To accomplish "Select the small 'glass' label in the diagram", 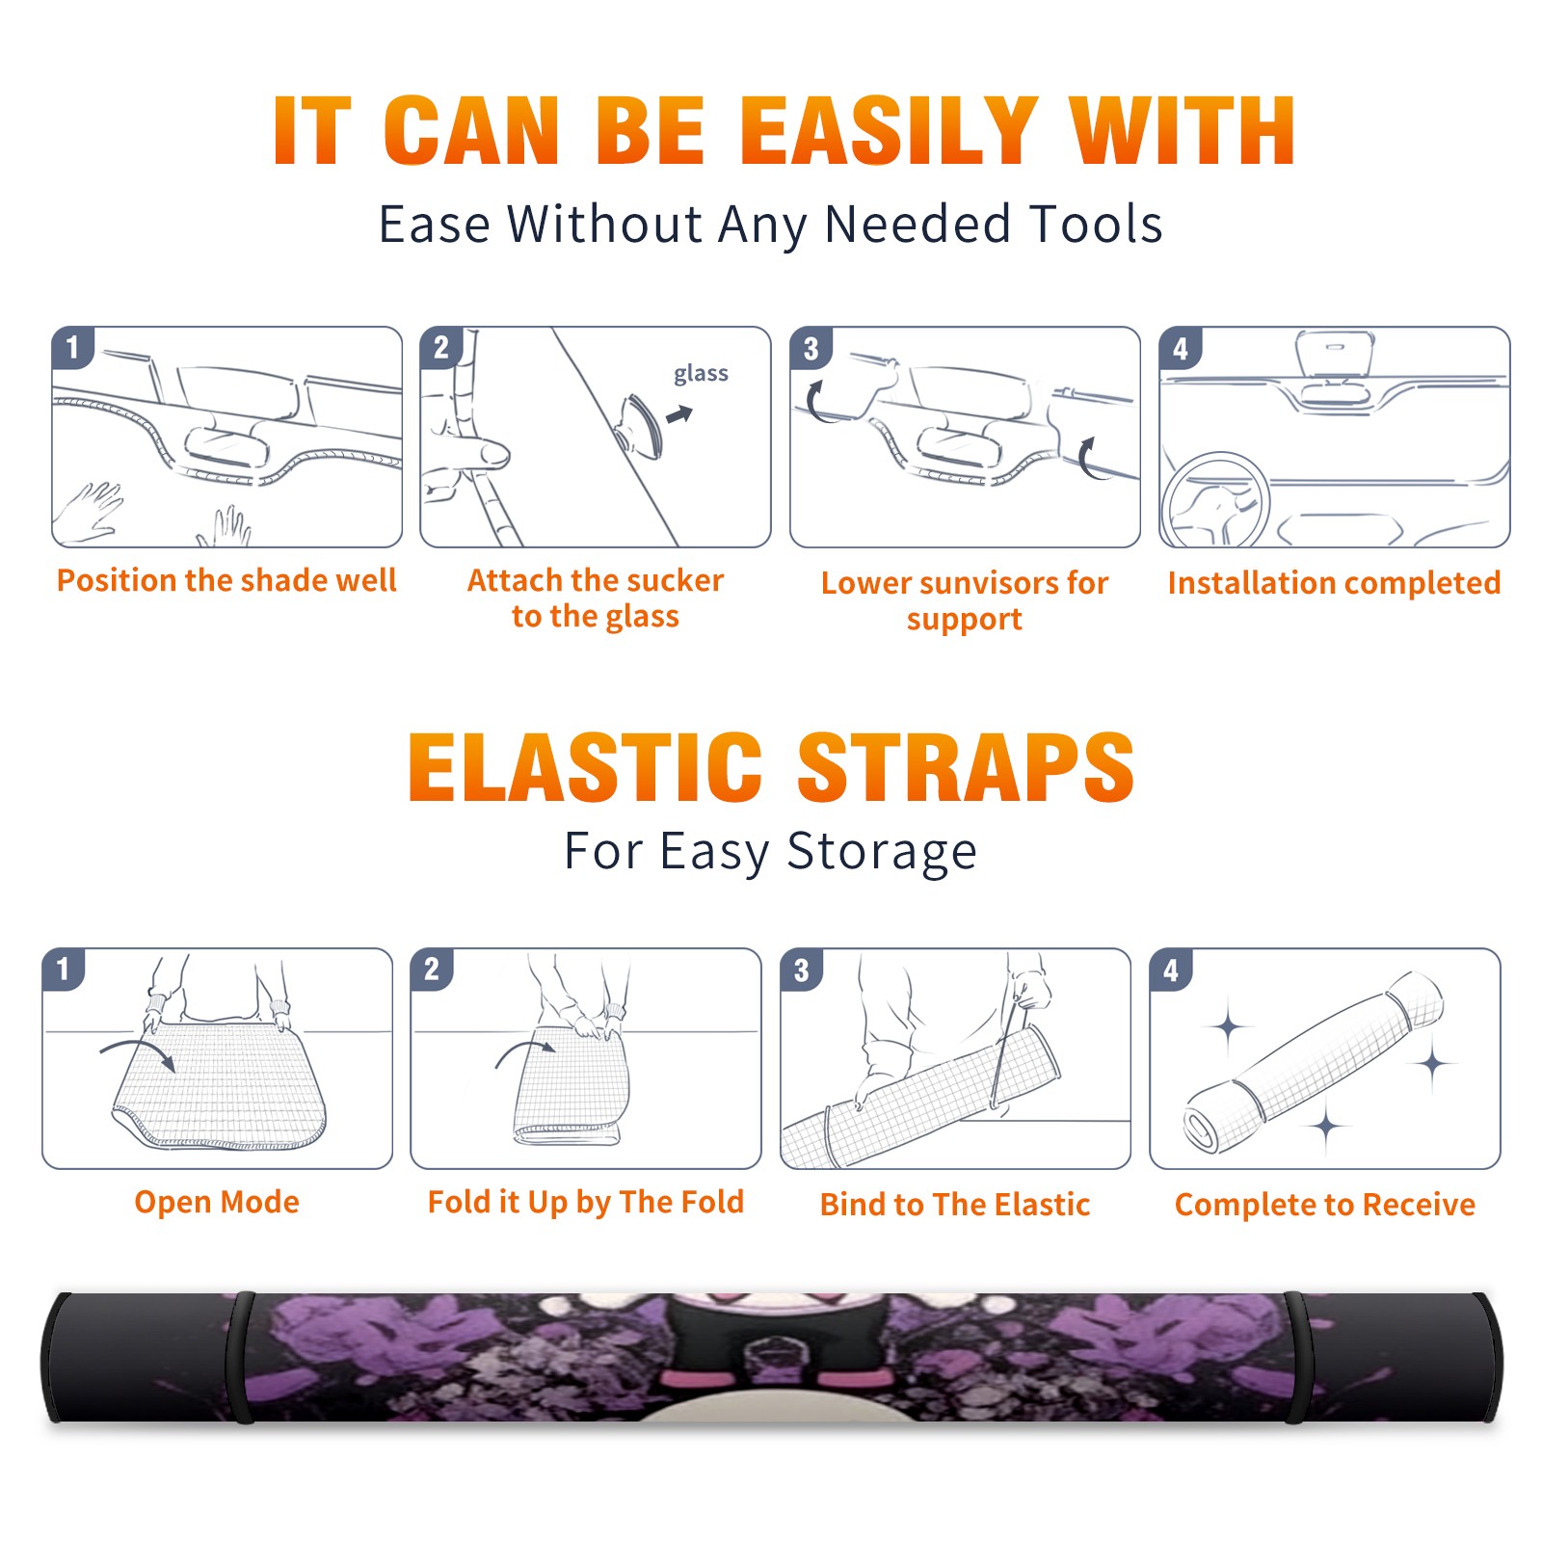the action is click(x=701, y=374).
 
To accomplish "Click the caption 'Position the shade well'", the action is click(x=226, y=580).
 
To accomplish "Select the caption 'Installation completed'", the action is click(x=1334, y=582).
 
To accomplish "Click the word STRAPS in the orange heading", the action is click(x=966, y=767).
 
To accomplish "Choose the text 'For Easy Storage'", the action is click(x=770, y=851).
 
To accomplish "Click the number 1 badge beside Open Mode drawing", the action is click(x=64, y=969).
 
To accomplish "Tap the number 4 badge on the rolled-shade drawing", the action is click(x=1171, y=970).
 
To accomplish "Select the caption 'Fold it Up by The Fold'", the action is click(x=586, y=1202).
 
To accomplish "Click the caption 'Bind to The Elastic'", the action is click(x=955, y=1204).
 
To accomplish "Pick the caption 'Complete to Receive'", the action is click(x=1325, y=1204).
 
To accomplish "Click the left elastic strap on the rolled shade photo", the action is click(x=240, y=1358).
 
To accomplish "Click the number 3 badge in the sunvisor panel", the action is click(x=811, y=348).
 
